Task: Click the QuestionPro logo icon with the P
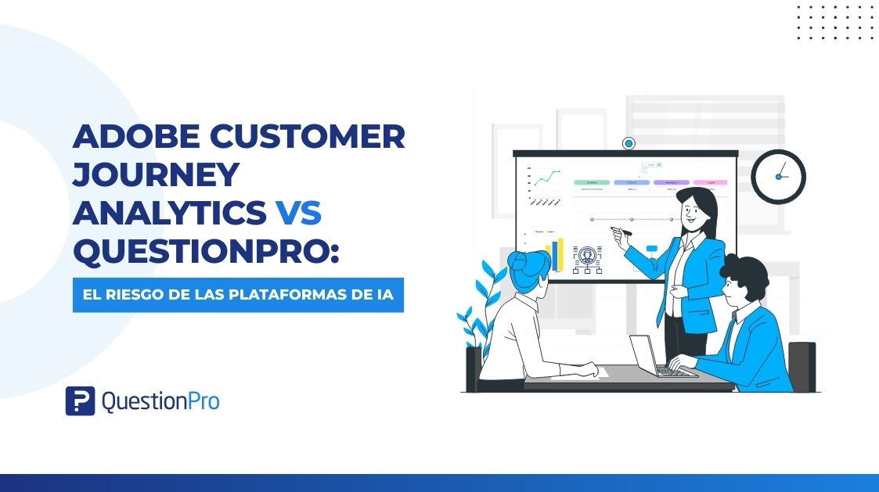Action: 80,400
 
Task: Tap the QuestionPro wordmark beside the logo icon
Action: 160,401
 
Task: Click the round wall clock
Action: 778,177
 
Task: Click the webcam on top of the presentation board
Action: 628,144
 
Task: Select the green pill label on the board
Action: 592,182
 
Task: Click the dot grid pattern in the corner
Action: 836,21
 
